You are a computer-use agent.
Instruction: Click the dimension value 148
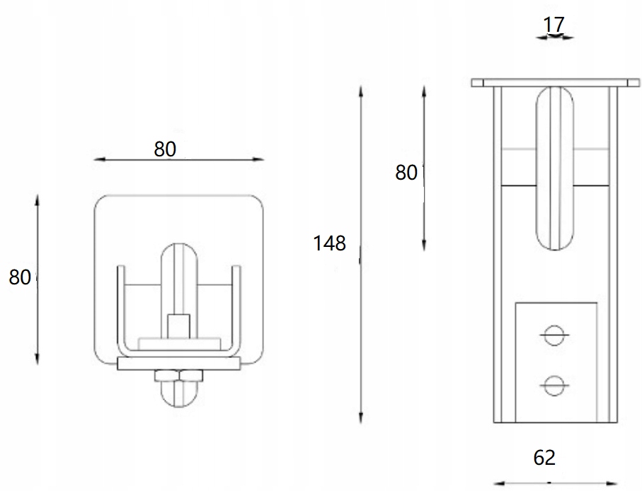(330, 243)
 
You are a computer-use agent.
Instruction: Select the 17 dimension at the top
(554, 24)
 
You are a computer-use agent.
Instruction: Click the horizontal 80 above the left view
(164, 149)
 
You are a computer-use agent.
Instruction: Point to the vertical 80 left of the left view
(20, 277)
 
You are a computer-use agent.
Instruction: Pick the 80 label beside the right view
(406, 172)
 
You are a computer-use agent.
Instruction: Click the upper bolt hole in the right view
(553, 335)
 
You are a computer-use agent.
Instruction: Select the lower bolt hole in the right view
(553, 384)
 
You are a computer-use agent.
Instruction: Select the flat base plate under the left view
(178, 364)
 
